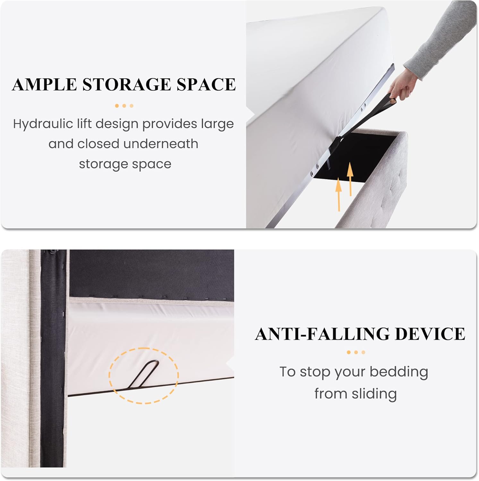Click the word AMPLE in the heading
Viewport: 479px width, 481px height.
tap(44, 84)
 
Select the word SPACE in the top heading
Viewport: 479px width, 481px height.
tap(207, 84)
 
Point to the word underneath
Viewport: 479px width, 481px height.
tap(160, 144)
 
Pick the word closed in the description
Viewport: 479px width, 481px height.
tap(98, 144)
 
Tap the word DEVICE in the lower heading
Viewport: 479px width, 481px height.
tap(430, 334)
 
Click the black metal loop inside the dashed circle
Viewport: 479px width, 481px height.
tap(143, 375)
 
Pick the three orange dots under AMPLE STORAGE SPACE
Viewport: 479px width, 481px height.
tap(124, 106)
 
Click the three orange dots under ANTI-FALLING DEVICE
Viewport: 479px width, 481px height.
tap(356, 352)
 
